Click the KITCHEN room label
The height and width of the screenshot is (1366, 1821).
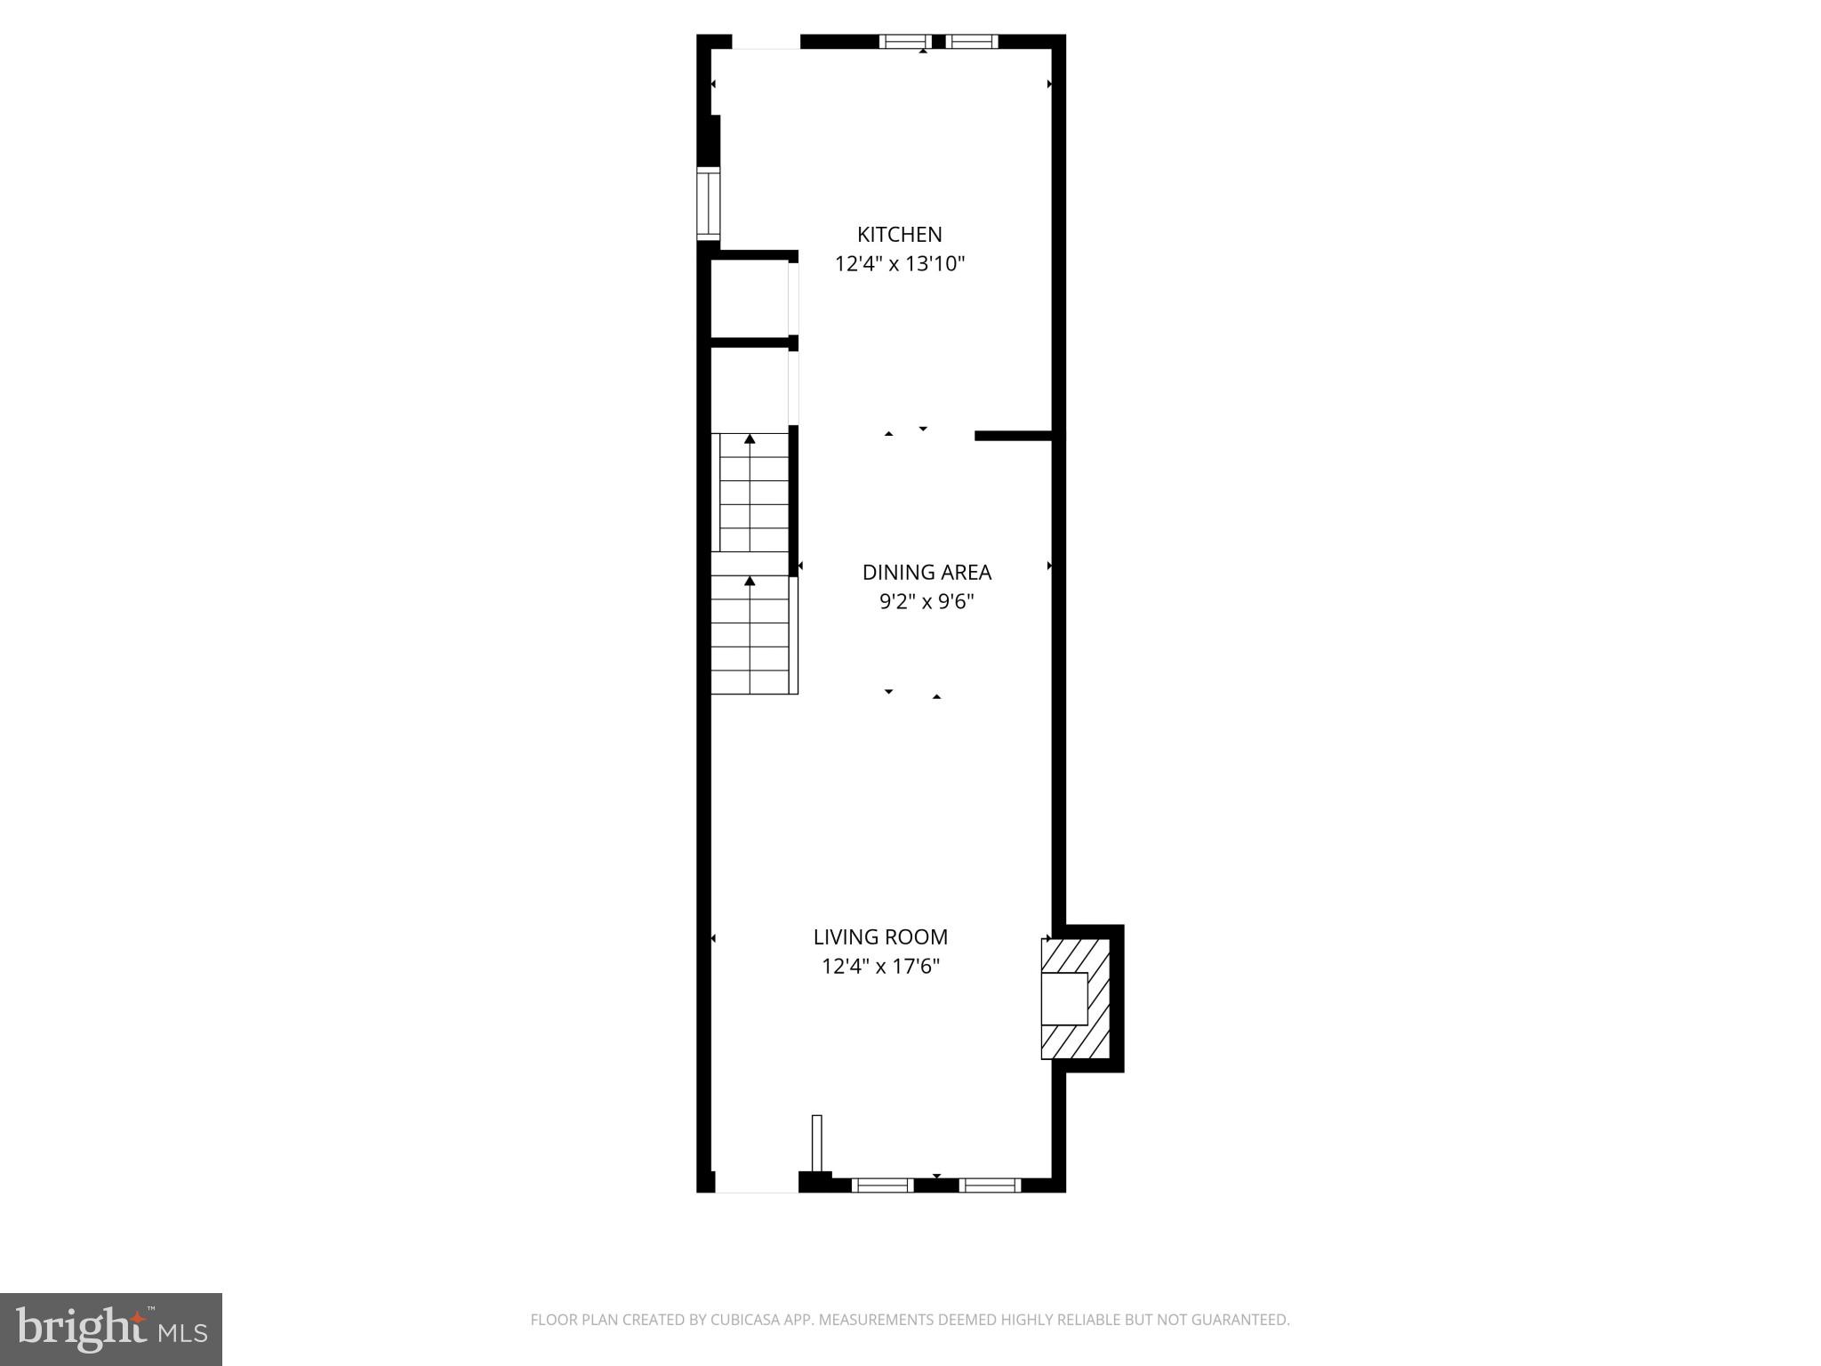click(899, 234)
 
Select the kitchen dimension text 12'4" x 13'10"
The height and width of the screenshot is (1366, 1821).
click(899, 264)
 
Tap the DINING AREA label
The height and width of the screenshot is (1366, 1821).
click(927, 572)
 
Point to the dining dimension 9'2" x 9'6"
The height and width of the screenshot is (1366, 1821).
click(927, 602)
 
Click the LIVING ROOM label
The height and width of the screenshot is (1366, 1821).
click(880, 936)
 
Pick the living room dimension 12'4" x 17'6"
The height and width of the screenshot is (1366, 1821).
click(880, 967)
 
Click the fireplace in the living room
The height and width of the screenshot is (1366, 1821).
click(1076, 999)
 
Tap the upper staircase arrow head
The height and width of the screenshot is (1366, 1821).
click(750, 438)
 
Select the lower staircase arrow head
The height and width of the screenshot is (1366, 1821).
click(750, 581)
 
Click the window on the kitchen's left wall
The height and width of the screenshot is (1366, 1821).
click(708, 204)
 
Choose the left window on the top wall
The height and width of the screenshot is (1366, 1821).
click(905, 41)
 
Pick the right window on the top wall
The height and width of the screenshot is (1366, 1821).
click(971, 41)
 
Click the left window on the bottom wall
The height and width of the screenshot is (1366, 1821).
click(882, 1185)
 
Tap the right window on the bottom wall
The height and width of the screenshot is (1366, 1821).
click(990, 1185)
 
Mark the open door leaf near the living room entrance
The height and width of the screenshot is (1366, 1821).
click(816, 1145)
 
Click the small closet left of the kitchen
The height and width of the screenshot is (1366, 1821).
click(750, 299)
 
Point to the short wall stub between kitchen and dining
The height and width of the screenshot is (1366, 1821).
click(1014, 435)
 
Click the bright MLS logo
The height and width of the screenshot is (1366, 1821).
click(111, 1329)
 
